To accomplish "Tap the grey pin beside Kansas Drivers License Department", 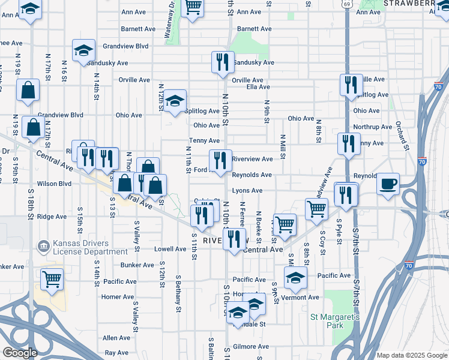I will [x=43, y=246].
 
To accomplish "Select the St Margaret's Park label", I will [x=335, y=320].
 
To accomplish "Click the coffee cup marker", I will [x=388, y=184].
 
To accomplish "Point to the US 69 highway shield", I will [x=348, y=4].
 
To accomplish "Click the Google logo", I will [x=20, y=353].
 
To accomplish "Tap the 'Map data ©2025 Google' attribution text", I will [x=412, y=355].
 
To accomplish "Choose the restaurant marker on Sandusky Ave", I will [x=222, y=62].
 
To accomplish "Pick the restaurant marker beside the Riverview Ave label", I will [x=220, y=160].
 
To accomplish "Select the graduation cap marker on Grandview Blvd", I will [x=84, y=50].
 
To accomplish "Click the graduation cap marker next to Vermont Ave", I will [x=295, y=278].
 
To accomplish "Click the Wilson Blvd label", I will [x=54, y=184].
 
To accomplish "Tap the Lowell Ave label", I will [x=170, y=249].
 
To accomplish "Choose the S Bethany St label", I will [x=178, y=294].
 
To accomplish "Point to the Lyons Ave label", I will [x=247, y=191].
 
